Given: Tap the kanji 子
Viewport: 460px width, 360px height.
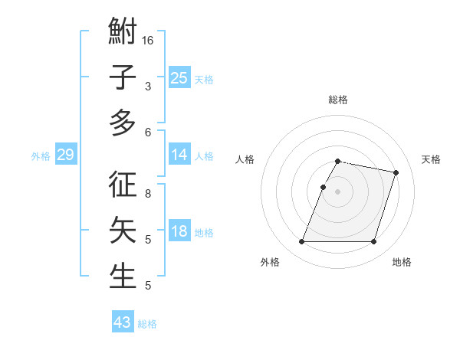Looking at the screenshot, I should [123, 77].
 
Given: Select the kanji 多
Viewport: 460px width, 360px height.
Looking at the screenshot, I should [123, 123].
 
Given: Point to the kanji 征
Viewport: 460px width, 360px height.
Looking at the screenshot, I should [123, 185].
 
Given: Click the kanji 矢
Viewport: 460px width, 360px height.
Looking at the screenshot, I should [123, 231].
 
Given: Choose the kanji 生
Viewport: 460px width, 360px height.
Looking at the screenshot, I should [123, 276].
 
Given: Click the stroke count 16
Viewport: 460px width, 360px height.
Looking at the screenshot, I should [149, 40].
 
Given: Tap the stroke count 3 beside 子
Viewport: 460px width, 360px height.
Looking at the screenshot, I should [148, 86].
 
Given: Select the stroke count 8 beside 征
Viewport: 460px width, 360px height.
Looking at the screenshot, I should [148, 194].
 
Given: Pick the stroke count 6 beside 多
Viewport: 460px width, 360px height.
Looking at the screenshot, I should [148, 132].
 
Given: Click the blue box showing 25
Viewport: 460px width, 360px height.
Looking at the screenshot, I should [179, 77].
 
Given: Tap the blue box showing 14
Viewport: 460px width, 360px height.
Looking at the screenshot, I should [179, 155].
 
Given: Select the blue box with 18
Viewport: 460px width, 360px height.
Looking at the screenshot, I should [179, 232].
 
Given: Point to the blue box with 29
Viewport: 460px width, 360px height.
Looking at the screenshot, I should [65, 155].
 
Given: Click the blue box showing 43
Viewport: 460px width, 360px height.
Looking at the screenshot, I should [123, 322].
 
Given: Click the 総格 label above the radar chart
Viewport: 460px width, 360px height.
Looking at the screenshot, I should [337, 100].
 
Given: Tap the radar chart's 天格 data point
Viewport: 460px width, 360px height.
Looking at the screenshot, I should [396, 173].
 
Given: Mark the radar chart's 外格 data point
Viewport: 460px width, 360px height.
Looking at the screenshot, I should [302, 242].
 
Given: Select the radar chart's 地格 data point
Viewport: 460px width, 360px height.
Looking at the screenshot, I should [373, 242].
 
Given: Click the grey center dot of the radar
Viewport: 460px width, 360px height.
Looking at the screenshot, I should [337, 191].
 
